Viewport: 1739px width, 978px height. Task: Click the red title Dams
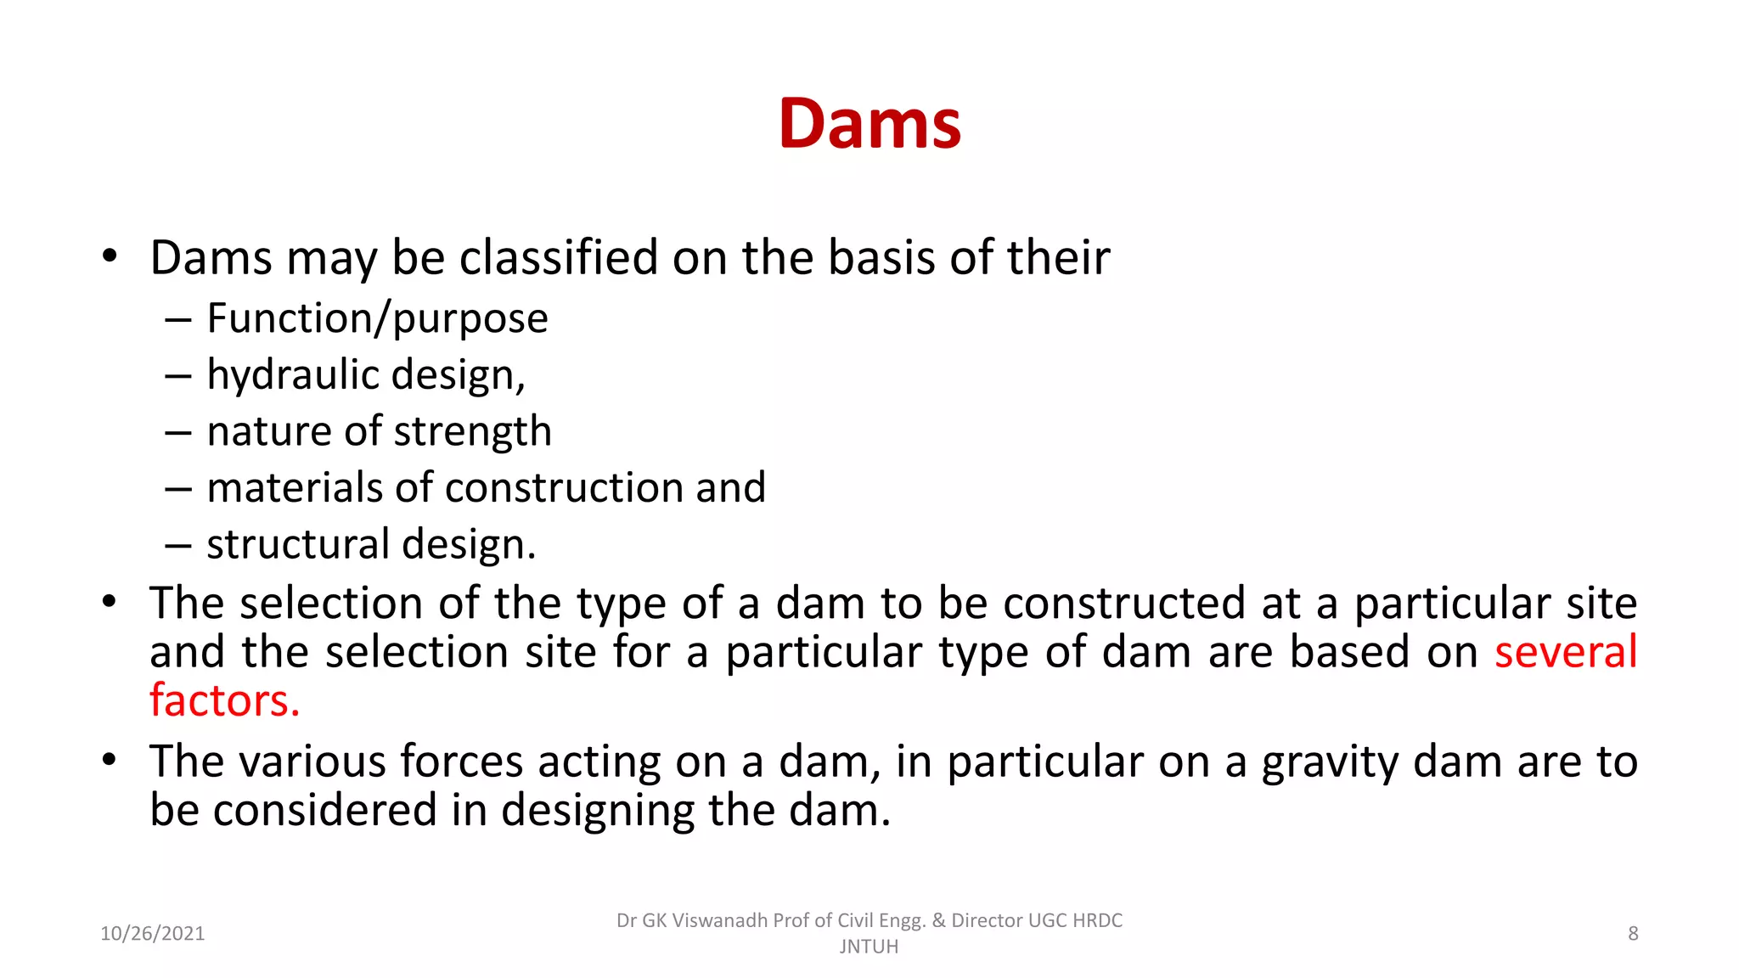tap(869, 124)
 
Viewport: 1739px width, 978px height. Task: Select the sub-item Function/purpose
tap(377, 319)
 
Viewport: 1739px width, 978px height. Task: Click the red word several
tap(1566, 652)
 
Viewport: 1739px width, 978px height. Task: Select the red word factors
tap(225, 701)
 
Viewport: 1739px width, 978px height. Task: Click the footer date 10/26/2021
tap(153, 934)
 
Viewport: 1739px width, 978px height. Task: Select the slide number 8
tap(1633, 934)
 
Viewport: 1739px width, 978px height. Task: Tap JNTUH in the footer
tap(869, 947)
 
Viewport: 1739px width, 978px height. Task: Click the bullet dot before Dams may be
tap(109, 256)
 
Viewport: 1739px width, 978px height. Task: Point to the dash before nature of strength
tap(178, 432)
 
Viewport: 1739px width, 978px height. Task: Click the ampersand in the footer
tap(938, 920)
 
